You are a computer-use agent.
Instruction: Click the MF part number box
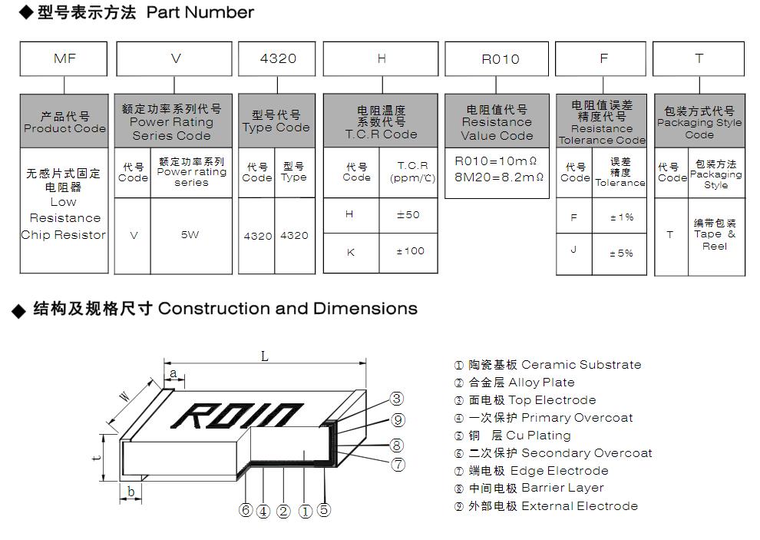click(x=64, y=58)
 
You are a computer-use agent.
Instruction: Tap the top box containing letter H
click(x=382, y=58)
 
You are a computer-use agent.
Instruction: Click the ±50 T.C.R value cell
click(x=408, y=215)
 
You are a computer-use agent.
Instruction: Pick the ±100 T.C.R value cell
click(x=408, y=251)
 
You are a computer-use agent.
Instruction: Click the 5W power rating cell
click(x=190, y=235)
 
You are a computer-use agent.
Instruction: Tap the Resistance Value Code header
click(x=497, y=122)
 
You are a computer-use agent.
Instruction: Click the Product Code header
click(x=64, y=122)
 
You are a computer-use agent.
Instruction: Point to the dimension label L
click(x=264, y=356)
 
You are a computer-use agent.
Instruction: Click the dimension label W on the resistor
click(x=124, y=397)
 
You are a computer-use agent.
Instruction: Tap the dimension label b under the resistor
click(x=131, y=492)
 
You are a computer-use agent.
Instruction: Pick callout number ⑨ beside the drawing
click(x=398, y=419)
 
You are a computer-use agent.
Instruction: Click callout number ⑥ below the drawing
click(x=246, y=510)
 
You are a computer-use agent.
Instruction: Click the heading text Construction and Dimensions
click(x=288, y=309)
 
